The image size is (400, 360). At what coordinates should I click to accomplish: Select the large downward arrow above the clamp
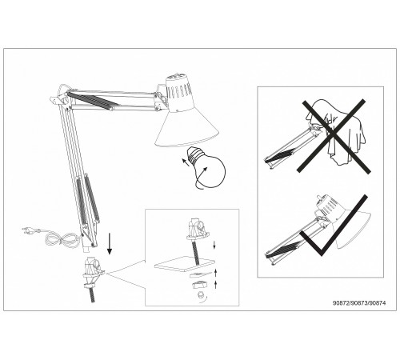(110, 243)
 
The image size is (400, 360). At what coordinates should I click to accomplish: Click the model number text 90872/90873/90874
(359, 303)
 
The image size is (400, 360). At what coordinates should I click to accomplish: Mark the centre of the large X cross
(334, 135)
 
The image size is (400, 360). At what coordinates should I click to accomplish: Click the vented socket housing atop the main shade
(178, 94)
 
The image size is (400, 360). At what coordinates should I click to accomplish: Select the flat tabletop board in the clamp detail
(185, 263)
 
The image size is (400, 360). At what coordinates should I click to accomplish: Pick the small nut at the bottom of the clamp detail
(200, 294)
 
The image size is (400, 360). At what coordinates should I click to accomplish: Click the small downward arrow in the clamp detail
(214, 245)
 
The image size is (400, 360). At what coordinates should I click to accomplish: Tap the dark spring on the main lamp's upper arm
(93, 100)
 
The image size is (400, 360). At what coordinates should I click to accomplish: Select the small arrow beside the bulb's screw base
(186, 162)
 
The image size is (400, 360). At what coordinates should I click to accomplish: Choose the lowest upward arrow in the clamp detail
(215, 285)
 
